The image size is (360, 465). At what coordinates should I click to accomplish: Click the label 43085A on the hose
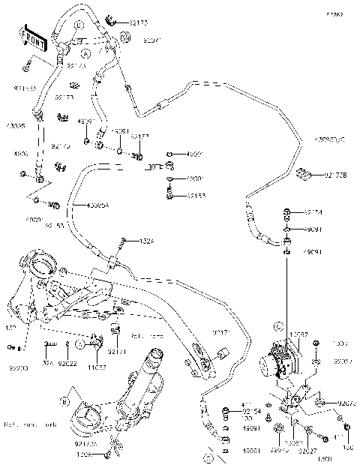coord(97,205)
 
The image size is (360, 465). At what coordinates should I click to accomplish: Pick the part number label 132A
coord(148,241)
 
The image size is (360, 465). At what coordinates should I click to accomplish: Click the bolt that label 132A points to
coord(121,241)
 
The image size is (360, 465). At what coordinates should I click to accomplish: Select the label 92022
coord(67,364)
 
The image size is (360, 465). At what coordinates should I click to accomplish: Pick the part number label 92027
coord(307,451)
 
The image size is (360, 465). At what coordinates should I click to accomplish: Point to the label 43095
coord(15,126)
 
